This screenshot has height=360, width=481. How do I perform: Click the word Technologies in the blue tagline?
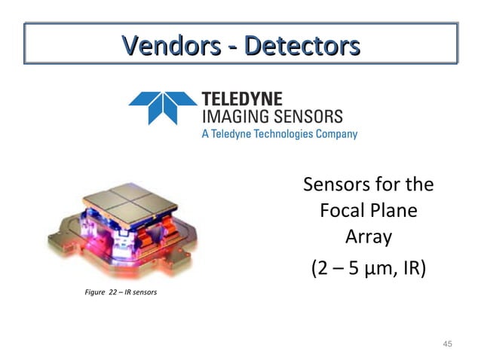point(283,134)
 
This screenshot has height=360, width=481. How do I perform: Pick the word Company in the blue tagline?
point(335,134)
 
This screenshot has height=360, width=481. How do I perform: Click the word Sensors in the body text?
point(335,185)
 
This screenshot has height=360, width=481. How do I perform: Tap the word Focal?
point(344,211)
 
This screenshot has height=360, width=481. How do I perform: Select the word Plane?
point(396,211)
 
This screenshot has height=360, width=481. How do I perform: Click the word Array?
point(369,237)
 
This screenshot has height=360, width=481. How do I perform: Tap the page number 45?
point(447,344)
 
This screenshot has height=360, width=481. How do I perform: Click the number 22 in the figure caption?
point(114,291)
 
